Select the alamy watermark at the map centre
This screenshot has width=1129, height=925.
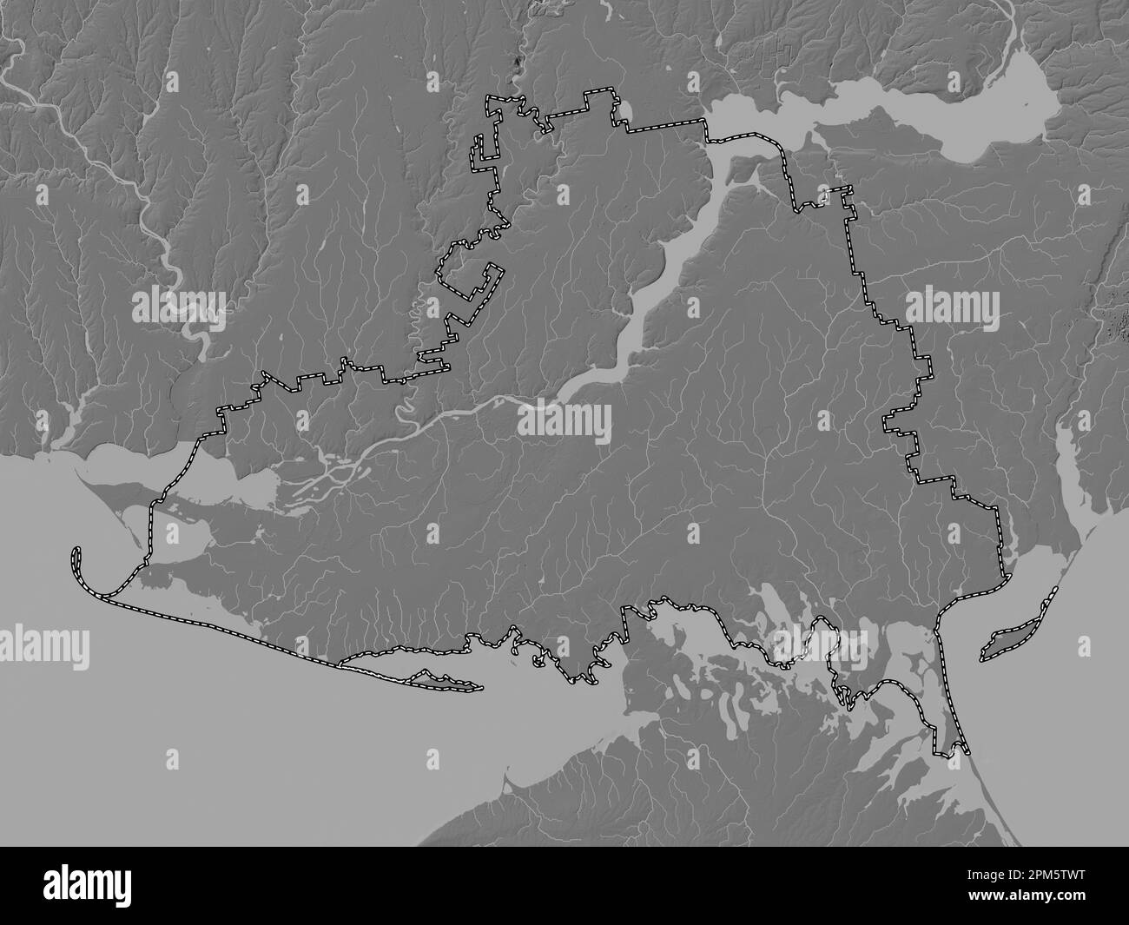point(564,423)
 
